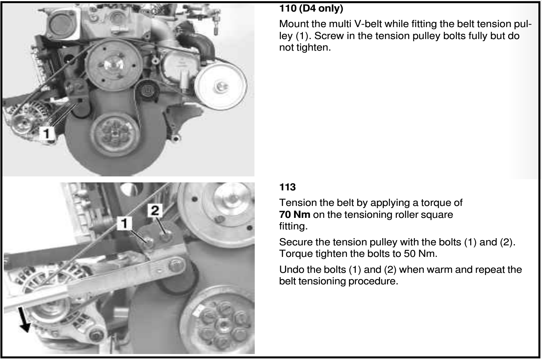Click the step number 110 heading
(288, 8)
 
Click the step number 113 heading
(287, 187)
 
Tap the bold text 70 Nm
(295, 215)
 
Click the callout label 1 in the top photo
(47, 133)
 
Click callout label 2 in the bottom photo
(155, 210)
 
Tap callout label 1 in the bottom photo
(124, 223)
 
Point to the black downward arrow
(24, 320)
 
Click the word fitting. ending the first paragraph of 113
(293, 226)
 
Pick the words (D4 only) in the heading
(321, 8)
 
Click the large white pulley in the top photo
(220, 86)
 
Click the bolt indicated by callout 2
(165, 235)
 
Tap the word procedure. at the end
(373, 282)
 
